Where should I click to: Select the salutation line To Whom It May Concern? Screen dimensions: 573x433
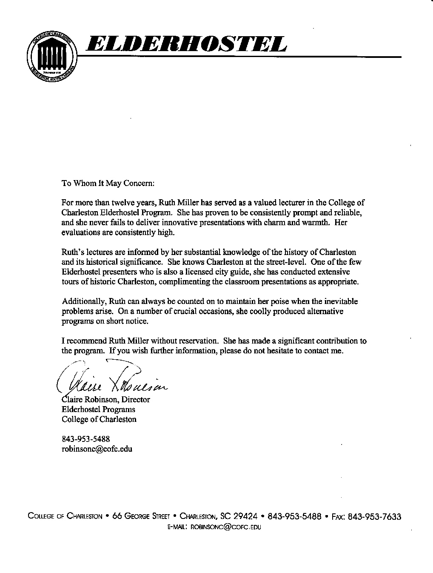click(x=108, y=183)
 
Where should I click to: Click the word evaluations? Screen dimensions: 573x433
click(x=81, y=232)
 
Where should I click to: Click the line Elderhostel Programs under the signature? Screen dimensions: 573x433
click(x=99, y=410)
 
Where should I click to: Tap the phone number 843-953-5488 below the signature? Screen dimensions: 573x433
click(x=86, y=439)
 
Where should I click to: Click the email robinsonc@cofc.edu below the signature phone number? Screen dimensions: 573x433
click(x=97, y=449)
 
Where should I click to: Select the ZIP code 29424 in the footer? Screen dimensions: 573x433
click(x=246, y=516)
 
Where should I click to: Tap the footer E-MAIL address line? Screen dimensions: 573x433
click(x=214, y=527)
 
